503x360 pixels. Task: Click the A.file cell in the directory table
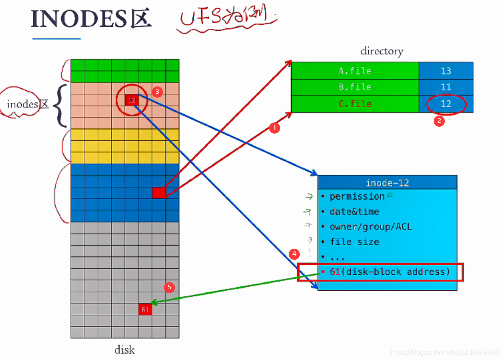355,71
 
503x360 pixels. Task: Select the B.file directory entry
355,87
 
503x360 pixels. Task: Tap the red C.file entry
355,104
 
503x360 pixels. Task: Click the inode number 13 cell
446,71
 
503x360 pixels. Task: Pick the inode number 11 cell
446,87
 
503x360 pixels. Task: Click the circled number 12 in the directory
446,104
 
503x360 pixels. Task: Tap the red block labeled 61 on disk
145,309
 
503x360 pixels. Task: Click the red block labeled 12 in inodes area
132,100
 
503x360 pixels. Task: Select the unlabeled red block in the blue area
159,193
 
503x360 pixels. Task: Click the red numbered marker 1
274,127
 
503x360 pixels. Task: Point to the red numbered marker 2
439,121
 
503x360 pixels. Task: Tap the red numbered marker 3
157,92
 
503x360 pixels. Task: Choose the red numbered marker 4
294,253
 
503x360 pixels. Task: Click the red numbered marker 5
169,287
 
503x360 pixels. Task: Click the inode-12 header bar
387,183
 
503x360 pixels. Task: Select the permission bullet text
357,196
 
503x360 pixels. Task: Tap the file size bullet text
354,242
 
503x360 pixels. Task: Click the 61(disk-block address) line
389,272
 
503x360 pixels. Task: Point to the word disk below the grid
124,350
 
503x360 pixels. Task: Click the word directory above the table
382,51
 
